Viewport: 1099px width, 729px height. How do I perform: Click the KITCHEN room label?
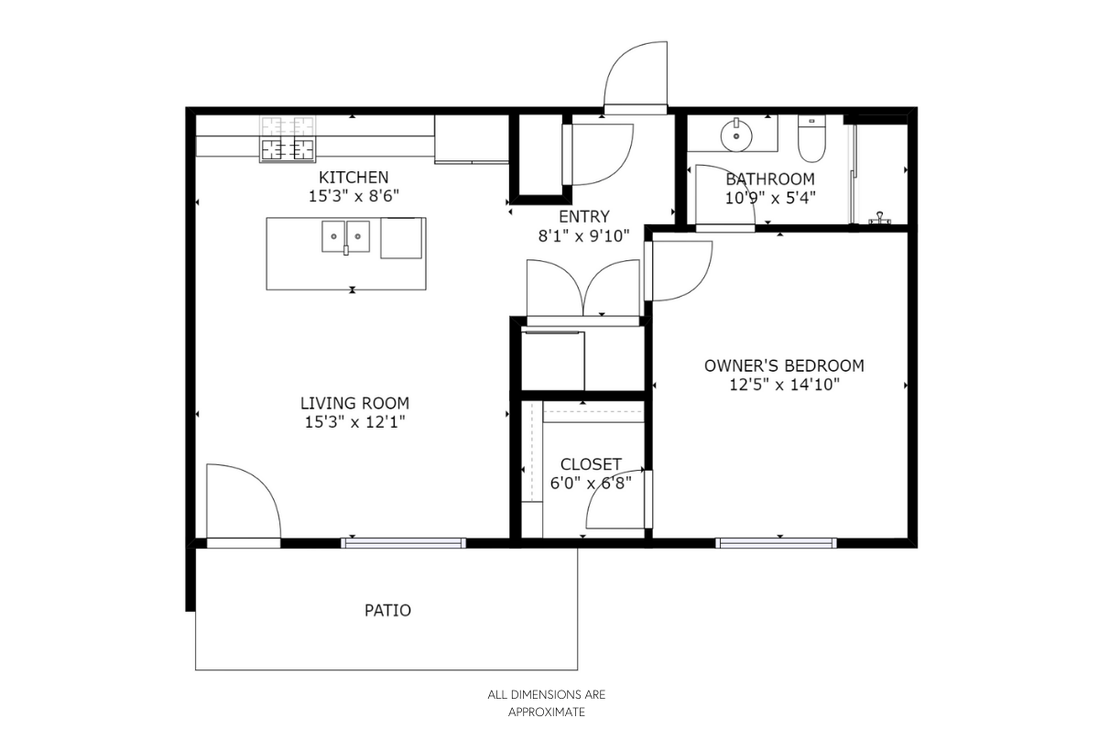click(354, 177)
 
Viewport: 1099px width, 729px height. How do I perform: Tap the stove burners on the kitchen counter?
click(288, 139)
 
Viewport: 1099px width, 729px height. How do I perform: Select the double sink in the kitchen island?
click(345, 237)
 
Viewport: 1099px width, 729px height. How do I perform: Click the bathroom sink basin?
click(736, 135)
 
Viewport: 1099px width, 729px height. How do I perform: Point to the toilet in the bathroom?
click(811, 138)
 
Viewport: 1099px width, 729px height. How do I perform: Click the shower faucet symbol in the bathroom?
click(880, 218)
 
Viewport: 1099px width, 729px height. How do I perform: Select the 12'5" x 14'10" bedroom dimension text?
click(784, 385)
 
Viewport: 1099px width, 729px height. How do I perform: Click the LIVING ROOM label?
click(354, 403)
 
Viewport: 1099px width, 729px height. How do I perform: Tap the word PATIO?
click(387, 610)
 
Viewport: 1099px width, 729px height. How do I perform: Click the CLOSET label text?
click(591, 464)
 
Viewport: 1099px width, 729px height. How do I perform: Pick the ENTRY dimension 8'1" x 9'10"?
click(584, 236)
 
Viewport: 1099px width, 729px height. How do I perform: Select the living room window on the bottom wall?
click(403, 543)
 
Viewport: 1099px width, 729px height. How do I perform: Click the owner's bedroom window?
click(777, 543)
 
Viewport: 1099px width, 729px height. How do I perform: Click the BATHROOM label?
click(770, 180)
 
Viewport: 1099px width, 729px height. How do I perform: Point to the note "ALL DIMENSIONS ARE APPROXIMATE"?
click(547, 703)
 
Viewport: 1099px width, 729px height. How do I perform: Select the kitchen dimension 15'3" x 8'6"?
click(354, 196)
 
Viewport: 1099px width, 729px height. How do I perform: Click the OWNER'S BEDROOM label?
click(784, 365)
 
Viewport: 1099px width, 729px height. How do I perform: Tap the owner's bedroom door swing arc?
click(694, 283)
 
